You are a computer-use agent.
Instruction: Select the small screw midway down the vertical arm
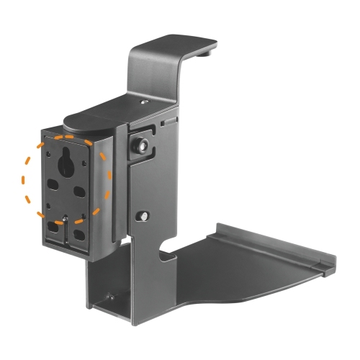click(x=144, y=215)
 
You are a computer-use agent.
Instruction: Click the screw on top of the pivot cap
click(x=145, y=104)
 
